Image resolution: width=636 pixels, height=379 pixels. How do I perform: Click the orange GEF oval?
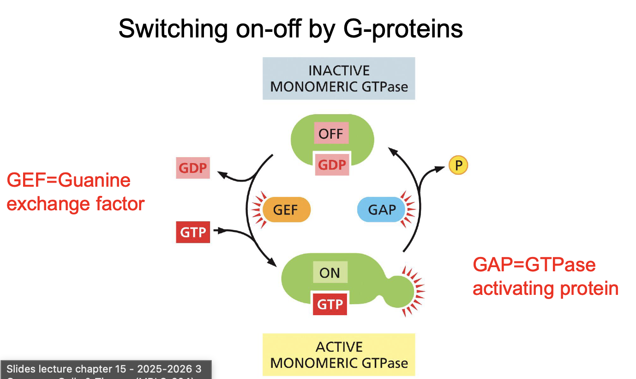(286, 210)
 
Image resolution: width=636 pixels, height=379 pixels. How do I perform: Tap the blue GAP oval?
(382, 210)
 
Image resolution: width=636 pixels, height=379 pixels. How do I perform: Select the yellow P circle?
(458, 165)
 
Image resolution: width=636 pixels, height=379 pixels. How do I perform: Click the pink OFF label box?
(331, 134)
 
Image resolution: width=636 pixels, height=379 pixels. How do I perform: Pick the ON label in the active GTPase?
(330, 273)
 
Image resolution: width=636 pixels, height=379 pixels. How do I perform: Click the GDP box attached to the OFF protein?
(332, 165)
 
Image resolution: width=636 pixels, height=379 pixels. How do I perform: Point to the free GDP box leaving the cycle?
(193, 168)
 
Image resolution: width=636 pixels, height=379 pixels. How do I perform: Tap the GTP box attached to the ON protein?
(330, 304)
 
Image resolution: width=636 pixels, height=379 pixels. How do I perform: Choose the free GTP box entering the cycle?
(193, 232)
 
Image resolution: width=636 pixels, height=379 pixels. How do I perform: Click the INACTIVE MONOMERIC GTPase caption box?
(339, 79)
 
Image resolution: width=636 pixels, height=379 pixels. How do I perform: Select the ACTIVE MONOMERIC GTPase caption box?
(339, 355)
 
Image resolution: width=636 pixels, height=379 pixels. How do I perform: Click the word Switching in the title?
(173, 29)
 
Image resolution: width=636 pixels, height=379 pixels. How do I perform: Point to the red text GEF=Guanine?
(69, 180)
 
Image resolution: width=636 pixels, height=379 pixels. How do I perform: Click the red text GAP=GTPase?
(534, 265)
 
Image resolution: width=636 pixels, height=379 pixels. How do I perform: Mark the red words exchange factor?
(76, 203)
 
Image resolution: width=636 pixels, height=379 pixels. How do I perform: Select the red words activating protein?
(546, 288)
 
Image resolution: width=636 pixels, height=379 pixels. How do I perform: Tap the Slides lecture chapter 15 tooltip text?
(104, 369)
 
